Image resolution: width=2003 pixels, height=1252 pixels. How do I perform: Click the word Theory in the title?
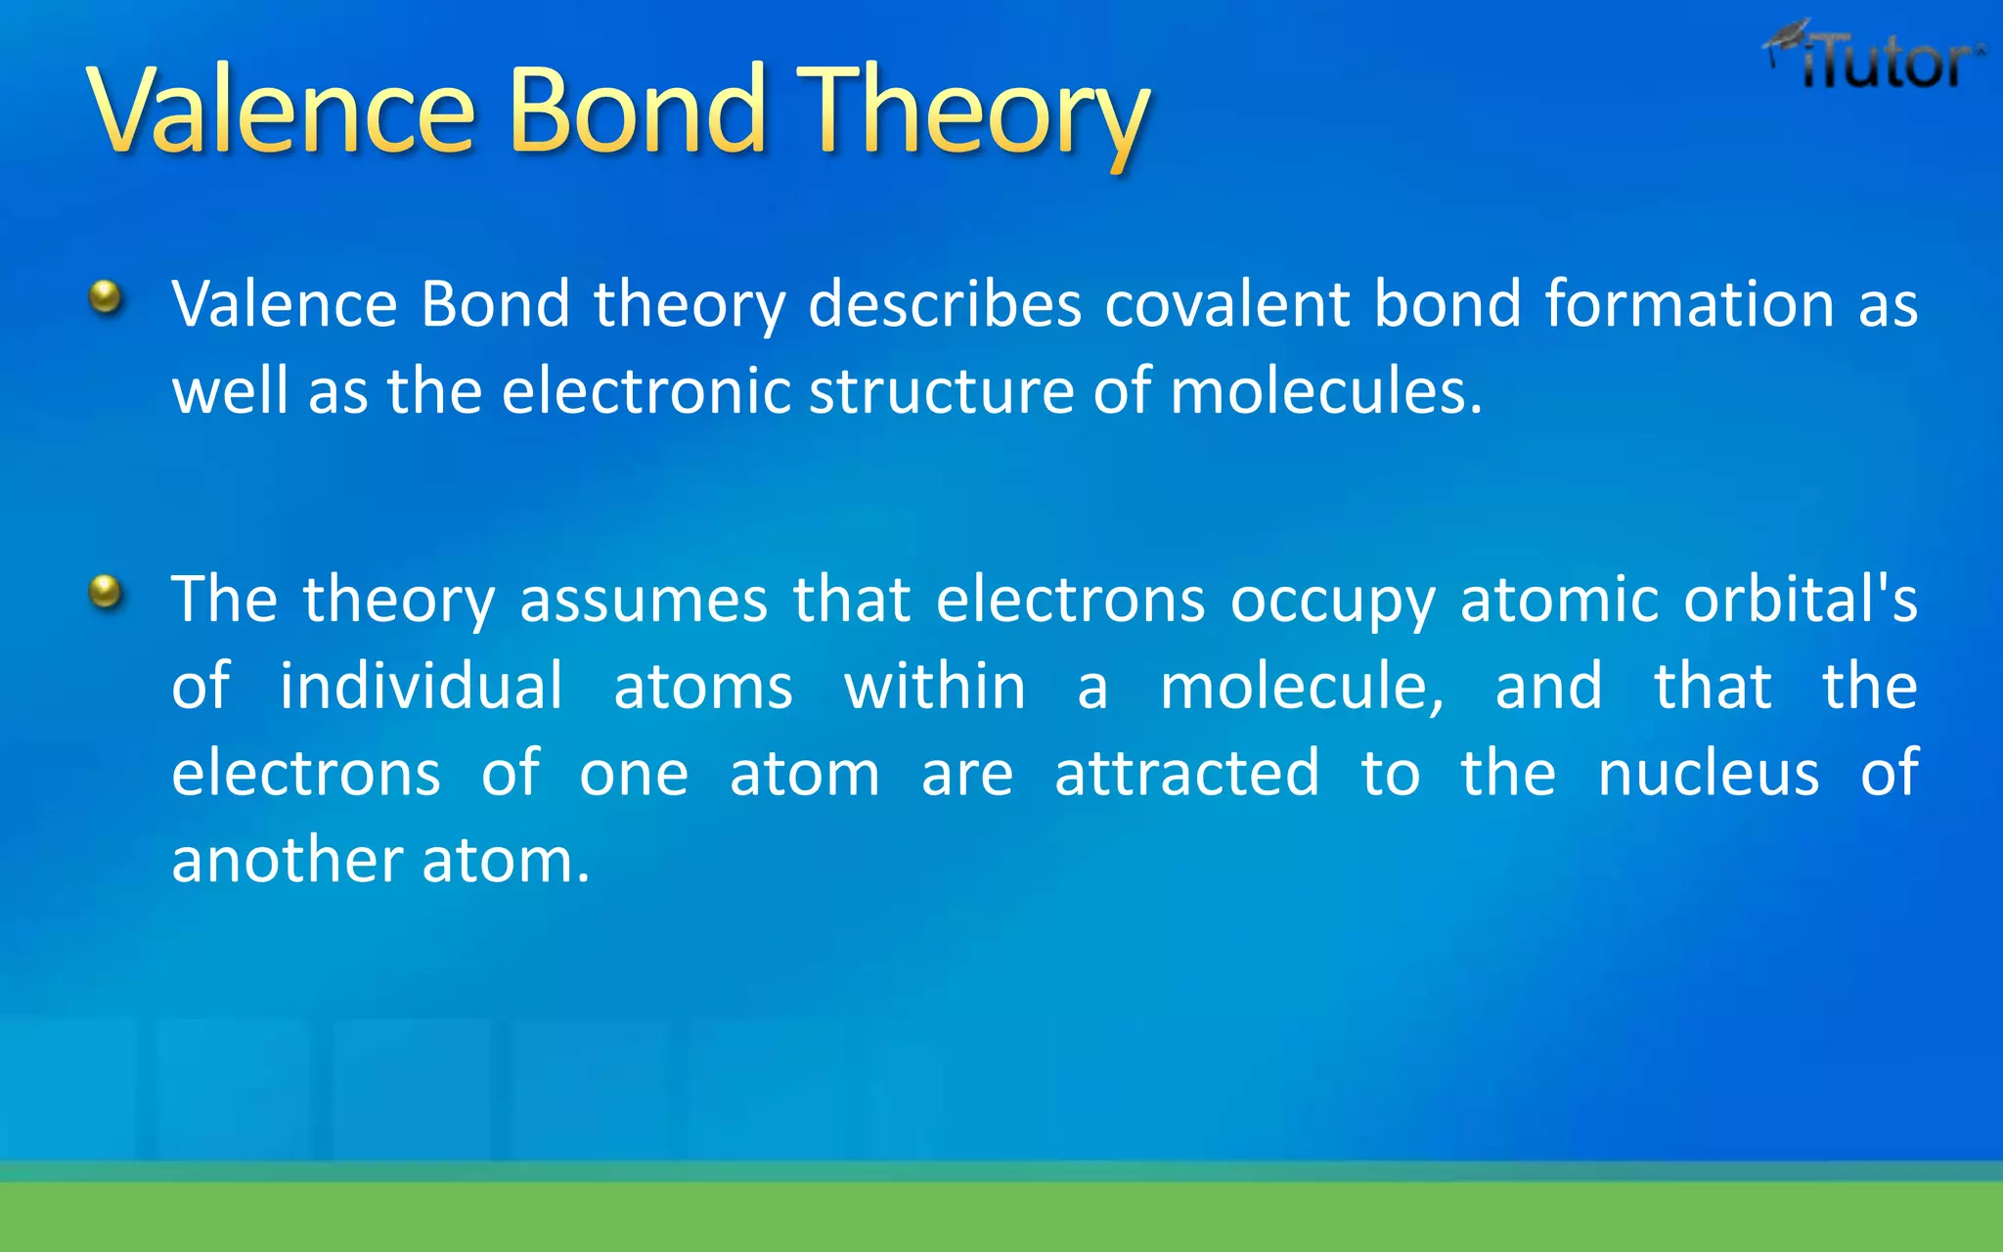[973, 110]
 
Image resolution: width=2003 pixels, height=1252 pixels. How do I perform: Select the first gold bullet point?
[106, 295]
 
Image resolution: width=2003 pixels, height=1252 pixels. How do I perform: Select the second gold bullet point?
[106, 591]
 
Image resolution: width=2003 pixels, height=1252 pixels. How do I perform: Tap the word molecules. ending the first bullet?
[1326, 391]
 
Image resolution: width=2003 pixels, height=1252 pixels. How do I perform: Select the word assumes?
[644, 600]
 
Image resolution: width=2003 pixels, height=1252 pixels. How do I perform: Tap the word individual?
[422, 686]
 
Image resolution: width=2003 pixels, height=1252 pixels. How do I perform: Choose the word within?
[935, 686]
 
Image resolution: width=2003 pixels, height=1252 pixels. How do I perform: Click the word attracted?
[1187, 773]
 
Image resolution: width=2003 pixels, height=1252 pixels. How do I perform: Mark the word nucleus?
[1709, 773]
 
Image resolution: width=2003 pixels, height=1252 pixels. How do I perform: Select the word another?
[288, 861]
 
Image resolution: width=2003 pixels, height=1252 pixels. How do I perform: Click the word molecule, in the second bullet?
[1302, 686]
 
